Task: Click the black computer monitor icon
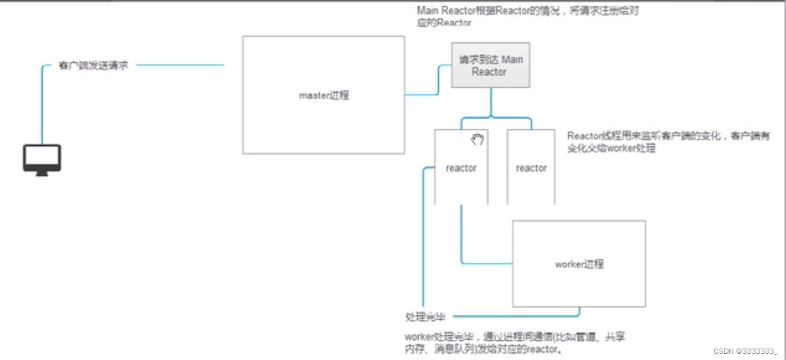pyautogui.click(x=42, y=160)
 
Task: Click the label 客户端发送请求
pyautogui.click(x=93, y=65)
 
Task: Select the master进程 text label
pyautogui.click(x=324, y=96)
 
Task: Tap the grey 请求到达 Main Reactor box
pyautogui.click(x=490, y=65)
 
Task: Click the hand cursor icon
pyautogui.click(x=477, y=139)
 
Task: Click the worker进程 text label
pyautogui.click(x=579, y=264)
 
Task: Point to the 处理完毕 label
pyautogui.click(x=425, y=317)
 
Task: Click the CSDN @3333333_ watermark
pyautogui.click(x=745, y=351)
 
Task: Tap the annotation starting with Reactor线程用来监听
pyautogui.click(x=668, y=142)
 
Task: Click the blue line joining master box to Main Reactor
pyautogui.click(x=427, y=94)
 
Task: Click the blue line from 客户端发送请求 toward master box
pyautogui.click(x=180, y=65)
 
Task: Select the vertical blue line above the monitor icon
pyautogui.click(x=42, y=107)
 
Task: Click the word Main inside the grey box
pyautogui.click(x=512, y=60)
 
